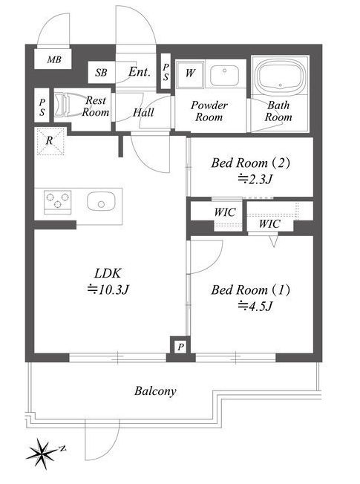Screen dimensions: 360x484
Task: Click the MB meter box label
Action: click(x=54, y=59)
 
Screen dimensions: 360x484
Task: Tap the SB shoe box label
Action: click(x=101, y=73)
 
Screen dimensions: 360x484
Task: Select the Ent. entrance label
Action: click(x=140, y=72)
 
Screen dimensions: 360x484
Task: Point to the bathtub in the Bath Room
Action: click(x=281, y=75)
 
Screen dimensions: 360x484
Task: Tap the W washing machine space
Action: click(x=190, y=73)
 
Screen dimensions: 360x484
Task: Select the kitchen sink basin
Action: click(x=101, y=201)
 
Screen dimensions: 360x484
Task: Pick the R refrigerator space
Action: click(x=50, y=142)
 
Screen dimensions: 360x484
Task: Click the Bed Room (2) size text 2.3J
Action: click(x=255, y=179)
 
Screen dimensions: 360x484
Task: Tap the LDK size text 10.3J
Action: click(x=108, y=290)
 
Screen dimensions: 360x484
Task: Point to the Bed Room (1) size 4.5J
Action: click(x=255, y=306)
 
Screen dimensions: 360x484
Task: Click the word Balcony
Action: click(x=155, y=391)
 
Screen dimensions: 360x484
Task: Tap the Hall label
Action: click(x=143, y=112)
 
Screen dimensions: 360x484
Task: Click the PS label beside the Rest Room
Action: click(x=42, y=107)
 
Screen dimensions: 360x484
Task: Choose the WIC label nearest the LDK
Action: click(x=225, y=212)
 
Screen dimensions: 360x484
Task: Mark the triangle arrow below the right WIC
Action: click(x=274, y=241)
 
